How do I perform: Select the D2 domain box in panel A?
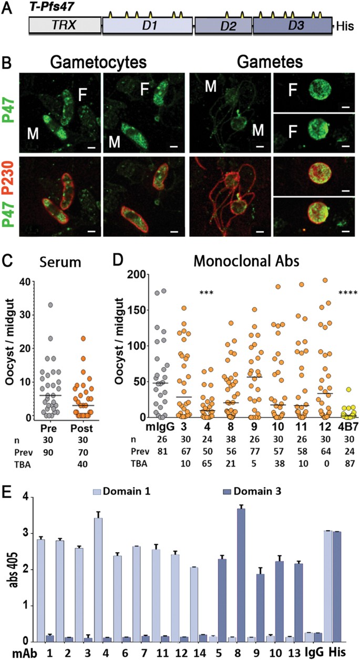pos(223,25)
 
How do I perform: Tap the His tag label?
pos(344,25)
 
